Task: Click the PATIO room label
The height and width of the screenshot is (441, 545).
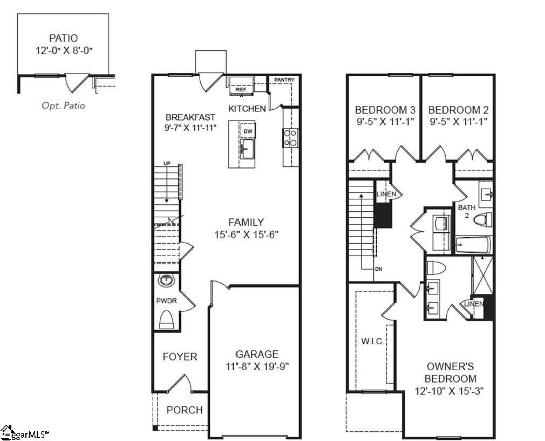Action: coord(63,38)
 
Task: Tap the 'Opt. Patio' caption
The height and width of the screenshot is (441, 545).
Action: coord(63,105)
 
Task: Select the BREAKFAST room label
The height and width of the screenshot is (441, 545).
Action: coord(190,117)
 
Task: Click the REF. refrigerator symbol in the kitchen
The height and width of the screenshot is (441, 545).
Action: coord(241,85)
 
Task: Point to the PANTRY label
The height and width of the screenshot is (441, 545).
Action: coord(284,80)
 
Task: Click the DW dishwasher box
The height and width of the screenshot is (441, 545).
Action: coord(248,131)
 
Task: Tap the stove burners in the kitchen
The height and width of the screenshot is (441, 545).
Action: coord(289,138)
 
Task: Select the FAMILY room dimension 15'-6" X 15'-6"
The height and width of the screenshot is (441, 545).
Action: coord(246,235)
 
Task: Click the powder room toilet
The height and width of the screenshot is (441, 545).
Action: coord(166,320)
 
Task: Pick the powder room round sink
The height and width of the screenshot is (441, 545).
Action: coord(166,280)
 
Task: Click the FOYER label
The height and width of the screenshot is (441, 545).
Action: coord(180,357)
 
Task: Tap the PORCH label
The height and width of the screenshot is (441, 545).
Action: coord(185,410)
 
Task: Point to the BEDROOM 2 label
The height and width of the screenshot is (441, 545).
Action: coord(458,110)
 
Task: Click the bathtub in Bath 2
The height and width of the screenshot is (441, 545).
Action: coord(472,246)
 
